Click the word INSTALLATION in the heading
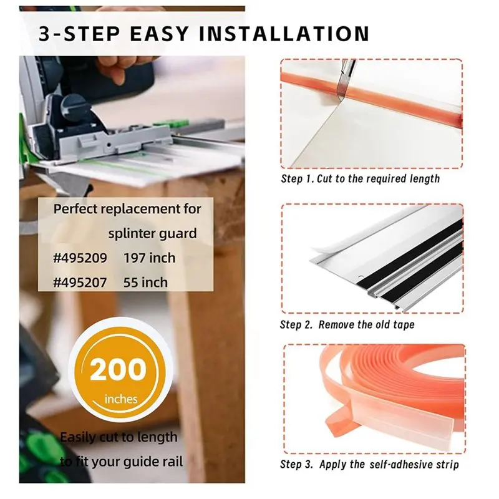point(284,34)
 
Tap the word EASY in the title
point(159,34)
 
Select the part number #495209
point(80,258)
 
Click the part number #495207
point(80,283)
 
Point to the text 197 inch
point(149,258)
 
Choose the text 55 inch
point(145,283)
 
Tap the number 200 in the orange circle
point(118,369)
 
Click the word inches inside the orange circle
point(121,399)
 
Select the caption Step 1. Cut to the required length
point(361,178)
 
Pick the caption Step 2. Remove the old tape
point(347,324)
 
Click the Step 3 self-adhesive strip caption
point(369,464)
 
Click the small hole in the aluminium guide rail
point(360,277)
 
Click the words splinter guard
point(152,233)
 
